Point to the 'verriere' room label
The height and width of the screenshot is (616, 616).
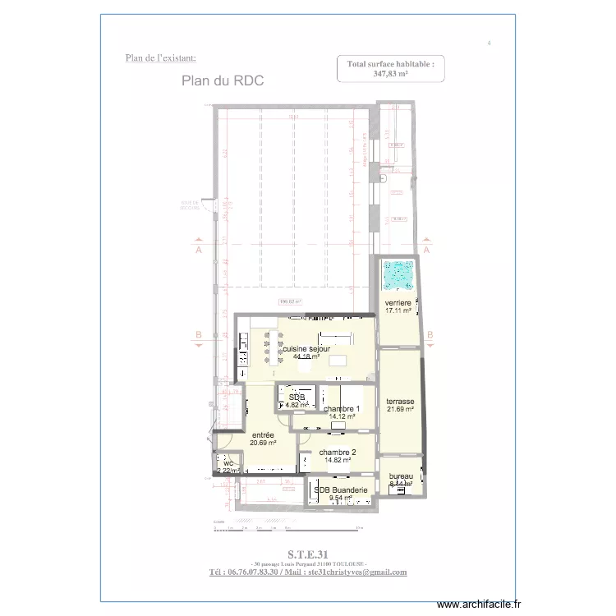pyautogui.click(x=398, y=303)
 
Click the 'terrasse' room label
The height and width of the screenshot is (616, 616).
pyautogui.click(x=400, y=402)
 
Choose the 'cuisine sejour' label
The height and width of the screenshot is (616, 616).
pyautogui.click(x=306, y=349)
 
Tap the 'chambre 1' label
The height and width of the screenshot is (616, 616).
pyautogui.click(x=341, y=409)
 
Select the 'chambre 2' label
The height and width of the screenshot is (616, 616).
pyautogui.click(x=338, y=453)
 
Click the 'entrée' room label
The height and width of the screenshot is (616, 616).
pyautogui.click(x=263, y=434)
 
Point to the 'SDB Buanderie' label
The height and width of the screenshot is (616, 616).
pyautogui.click(x=340, y=490)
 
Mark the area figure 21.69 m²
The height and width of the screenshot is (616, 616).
pyautogui.click(x=400, y=409)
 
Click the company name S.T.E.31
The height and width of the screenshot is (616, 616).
pyautogui.click(x=307, y=553)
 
